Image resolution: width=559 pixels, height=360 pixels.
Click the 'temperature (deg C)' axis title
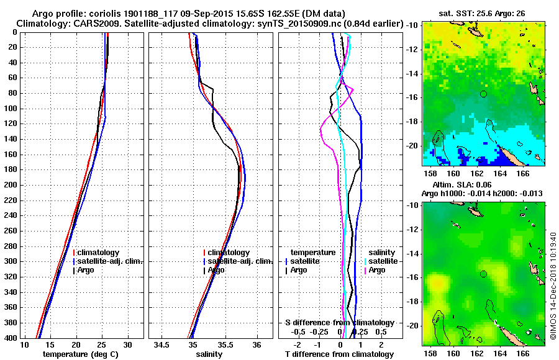click(80, 354)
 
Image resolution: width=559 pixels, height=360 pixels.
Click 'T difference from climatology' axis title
click(339, 354)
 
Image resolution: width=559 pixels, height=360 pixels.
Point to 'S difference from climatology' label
click(339, 323)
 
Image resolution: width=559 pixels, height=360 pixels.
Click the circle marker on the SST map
click(483, 94)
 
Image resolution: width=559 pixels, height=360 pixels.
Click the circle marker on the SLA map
click(483, 274)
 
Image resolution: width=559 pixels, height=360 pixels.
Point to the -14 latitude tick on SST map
click(412, 74)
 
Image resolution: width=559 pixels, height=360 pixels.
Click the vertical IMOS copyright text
click(553, 273)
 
